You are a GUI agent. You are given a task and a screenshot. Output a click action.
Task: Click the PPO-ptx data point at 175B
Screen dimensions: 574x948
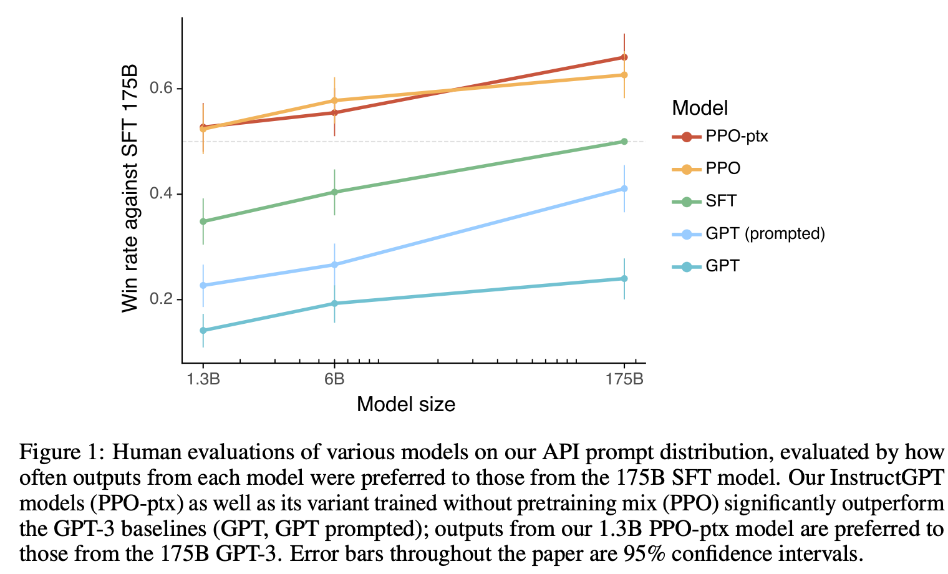click(x=624, y=57)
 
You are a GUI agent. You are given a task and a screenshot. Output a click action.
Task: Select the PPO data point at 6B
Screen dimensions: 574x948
click(x=334, y=100)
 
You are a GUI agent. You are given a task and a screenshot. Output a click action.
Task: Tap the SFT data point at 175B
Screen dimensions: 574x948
click(x=624, y=142)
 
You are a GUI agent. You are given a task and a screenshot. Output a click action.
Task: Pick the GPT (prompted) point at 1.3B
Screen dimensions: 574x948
click(x=203, y=286)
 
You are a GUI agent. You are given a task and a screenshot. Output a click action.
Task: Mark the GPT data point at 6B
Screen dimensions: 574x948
click(x=334, y=304)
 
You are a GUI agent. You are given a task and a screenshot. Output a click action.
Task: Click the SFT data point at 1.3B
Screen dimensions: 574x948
click(x=203, y=221)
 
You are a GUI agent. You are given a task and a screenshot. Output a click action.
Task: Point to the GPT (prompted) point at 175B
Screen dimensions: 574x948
click(x=624, y=188)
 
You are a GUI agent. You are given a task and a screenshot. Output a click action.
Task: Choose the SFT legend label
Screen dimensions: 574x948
click(x=721, y=202)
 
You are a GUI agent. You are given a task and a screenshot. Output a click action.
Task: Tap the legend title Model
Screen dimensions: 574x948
click(x=700, y=108)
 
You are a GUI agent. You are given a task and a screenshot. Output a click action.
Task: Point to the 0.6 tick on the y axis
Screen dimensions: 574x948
click(x=162, y=89)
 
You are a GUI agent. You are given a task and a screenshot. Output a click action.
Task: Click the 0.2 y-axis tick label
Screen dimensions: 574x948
click(x=162, y=299)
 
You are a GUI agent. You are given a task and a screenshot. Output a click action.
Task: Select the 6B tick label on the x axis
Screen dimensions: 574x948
click(x=334, y=379)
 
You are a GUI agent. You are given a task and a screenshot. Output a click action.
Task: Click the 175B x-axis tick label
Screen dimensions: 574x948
click(x=624, y=379)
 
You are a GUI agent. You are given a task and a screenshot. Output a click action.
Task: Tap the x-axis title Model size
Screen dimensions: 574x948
click(x=406, y=404)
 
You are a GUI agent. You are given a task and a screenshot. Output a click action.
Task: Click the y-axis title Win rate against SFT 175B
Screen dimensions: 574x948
click(x=130, y=187)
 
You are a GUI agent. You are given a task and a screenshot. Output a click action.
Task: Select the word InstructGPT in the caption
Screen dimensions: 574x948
click(x=887, y=478)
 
